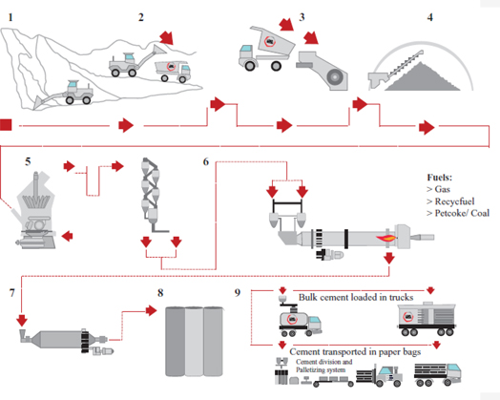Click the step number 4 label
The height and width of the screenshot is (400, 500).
coord(429,17)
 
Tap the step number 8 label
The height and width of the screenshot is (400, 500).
coord(160,292)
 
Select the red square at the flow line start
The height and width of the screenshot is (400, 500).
coord(6,125)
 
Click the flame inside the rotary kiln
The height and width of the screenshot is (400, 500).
coord(386,238)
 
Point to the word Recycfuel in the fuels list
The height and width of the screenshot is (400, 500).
coord(455,201)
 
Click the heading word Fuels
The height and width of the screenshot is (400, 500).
coord(440,178)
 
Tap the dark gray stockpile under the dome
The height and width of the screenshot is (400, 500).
coord(422,77)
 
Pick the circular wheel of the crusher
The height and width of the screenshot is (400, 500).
coord(334,77)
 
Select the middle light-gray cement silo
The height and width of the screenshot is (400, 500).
coord(194,342)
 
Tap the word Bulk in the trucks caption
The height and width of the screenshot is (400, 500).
coord(307,297)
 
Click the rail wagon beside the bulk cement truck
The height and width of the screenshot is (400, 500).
coord(427,319)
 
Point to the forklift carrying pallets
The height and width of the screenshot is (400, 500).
coord(380,376)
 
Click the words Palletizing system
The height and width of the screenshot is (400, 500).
coord(321,370)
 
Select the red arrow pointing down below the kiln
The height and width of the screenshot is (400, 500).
coord(388,258)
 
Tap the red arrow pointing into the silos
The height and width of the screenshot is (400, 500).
coord(151,310)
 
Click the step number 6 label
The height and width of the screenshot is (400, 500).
coord(206,161)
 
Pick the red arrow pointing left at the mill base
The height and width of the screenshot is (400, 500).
coord(67,237)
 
